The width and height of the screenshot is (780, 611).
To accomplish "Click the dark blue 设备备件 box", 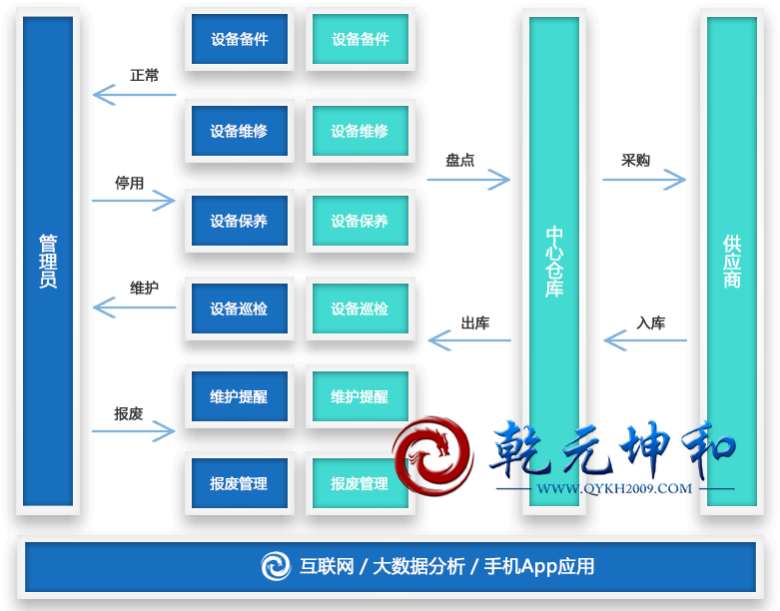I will (x=240, y=40).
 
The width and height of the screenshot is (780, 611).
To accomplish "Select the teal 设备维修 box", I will (x=360, y=131).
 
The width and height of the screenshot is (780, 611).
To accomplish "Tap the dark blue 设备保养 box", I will (x=240, y=221).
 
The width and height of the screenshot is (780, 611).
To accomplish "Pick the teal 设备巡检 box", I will (x=360, y=308).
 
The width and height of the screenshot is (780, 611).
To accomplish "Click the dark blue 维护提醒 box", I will (x=240, y=396).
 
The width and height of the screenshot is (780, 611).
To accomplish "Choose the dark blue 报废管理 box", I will (x=240, y=483).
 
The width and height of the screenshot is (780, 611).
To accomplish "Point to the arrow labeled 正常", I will (x=134, y=95).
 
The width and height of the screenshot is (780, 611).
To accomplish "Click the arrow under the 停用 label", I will (x=134, y=201).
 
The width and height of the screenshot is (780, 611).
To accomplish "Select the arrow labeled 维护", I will (x=134, y=307).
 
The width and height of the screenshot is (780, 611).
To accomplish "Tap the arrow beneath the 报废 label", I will (x=134, y=430).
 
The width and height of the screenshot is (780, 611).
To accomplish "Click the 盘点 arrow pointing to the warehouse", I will (x=468, y=180).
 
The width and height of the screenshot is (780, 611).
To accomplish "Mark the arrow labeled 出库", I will (x=468, y=340).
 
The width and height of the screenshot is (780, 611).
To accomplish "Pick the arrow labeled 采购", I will (x=644, y=180).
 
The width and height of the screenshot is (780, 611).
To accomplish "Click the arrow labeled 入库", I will (x=644, y=341).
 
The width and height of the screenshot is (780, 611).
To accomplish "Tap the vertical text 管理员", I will (x=48, y=261).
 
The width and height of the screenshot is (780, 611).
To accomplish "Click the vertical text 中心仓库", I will (x=554, y=261).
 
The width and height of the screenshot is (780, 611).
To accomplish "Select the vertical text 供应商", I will (x=732, y=261).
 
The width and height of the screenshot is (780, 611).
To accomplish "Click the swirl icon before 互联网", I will (x=276, y=566).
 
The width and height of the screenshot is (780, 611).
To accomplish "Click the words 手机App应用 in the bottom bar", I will (x=539, y=566).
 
